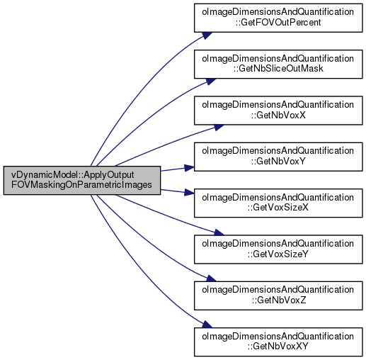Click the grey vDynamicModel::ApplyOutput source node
[82, 180]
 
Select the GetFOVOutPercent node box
[278, 18]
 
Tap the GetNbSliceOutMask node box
[278, 64]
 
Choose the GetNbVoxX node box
[278, 111]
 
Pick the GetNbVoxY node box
[278, 157]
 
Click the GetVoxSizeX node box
[278, 203]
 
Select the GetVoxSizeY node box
[278, 249]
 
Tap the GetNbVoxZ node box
[278, 296]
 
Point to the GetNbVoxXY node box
[278, 342]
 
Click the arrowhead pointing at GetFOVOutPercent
[207, 35]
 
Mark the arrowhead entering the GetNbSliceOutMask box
[211, 81]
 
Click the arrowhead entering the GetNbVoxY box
[189, 168]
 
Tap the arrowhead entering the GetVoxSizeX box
[189, 192]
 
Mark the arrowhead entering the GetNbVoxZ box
[211, 279]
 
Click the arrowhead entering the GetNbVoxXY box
[207, 324]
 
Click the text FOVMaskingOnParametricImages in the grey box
[81, 185]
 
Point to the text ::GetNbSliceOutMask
[278, 69]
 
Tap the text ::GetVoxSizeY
[278, 254]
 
